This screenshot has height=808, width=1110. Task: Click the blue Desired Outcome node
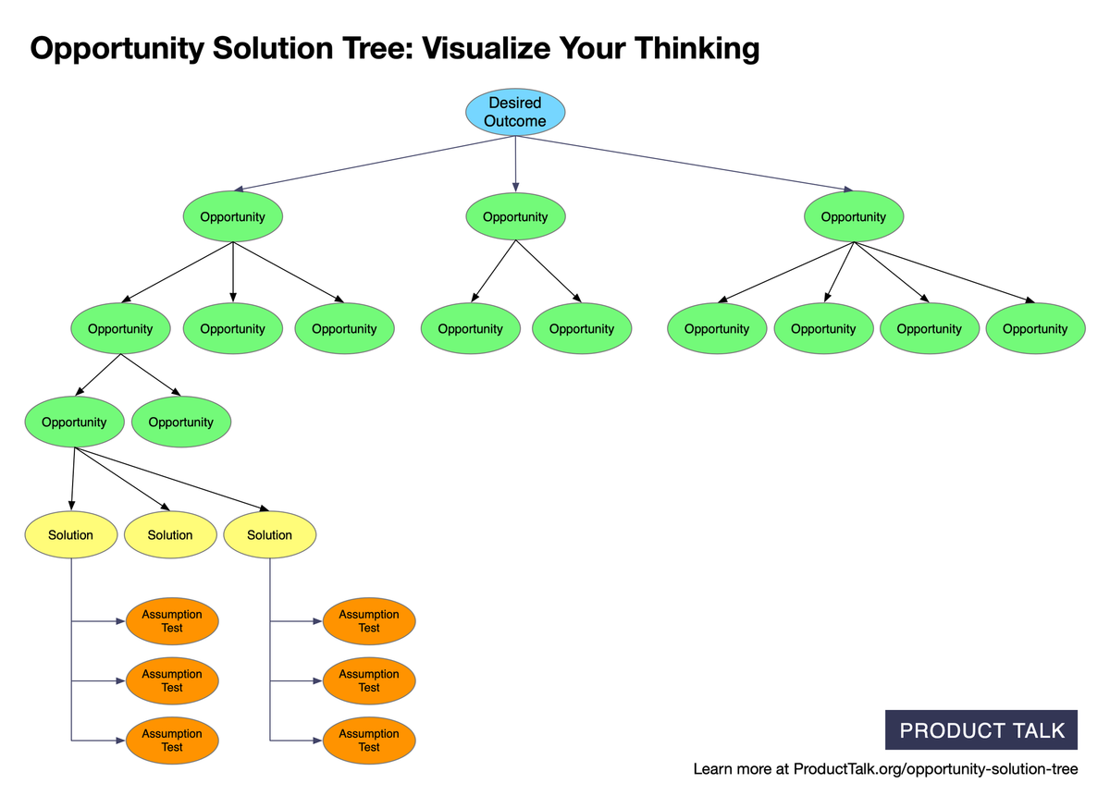515,112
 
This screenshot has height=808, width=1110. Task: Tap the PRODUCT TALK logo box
981,729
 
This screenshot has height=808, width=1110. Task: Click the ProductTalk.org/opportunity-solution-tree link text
935,769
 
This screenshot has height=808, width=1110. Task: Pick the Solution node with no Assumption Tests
170,535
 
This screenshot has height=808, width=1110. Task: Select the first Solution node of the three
71,535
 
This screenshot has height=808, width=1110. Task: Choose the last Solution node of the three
269,535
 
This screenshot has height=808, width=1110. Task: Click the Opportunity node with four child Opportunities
853,217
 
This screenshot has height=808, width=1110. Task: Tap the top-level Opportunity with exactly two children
515,217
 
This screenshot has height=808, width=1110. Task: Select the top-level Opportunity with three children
232,217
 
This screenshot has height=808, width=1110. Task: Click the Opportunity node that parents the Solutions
74,422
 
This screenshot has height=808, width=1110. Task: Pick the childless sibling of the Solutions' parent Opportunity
180,422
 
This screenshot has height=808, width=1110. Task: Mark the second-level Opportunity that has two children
120,329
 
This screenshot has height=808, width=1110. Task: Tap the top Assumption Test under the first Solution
172,621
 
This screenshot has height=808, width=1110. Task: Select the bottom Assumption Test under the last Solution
369,741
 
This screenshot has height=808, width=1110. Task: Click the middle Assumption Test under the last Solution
369,681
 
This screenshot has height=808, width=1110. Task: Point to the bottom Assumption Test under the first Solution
172,741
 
